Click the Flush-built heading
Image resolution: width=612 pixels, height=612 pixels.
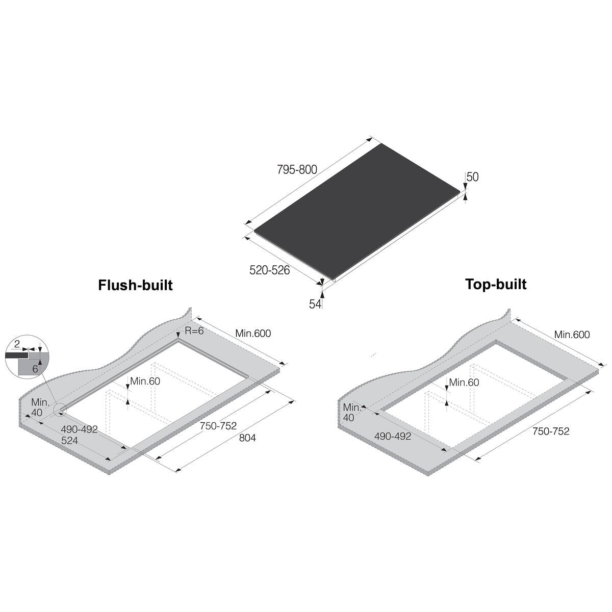(135, 285)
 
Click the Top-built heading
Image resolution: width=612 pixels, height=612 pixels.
(496, 284)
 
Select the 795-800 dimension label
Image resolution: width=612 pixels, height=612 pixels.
(297, 170)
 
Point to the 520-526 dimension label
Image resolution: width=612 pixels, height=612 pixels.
(269, 270)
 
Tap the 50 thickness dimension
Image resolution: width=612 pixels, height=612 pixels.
(473, 177)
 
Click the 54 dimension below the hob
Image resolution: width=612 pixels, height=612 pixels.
(315, 304)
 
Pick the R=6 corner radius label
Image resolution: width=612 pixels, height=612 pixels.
(194, 330)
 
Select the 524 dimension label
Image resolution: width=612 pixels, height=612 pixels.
(69, 440)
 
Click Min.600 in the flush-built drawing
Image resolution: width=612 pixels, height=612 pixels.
(253, 334)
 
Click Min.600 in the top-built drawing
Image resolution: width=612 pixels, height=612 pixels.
(572, 335)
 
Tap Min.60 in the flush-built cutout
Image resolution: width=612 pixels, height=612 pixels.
(145, 381)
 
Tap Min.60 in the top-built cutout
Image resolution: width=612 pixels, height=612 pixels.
(464, 382)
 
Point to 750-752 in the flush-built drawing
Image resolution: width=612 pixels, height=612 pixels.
(218, 426)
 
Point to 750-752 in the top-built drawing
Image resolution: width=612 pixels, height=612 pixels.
(551, 431)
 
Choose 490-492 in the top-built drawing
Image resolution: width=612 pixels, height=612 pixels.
(393, 436)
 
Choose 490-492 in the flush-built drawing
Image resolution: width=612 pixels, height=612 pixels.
(79, 429)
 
